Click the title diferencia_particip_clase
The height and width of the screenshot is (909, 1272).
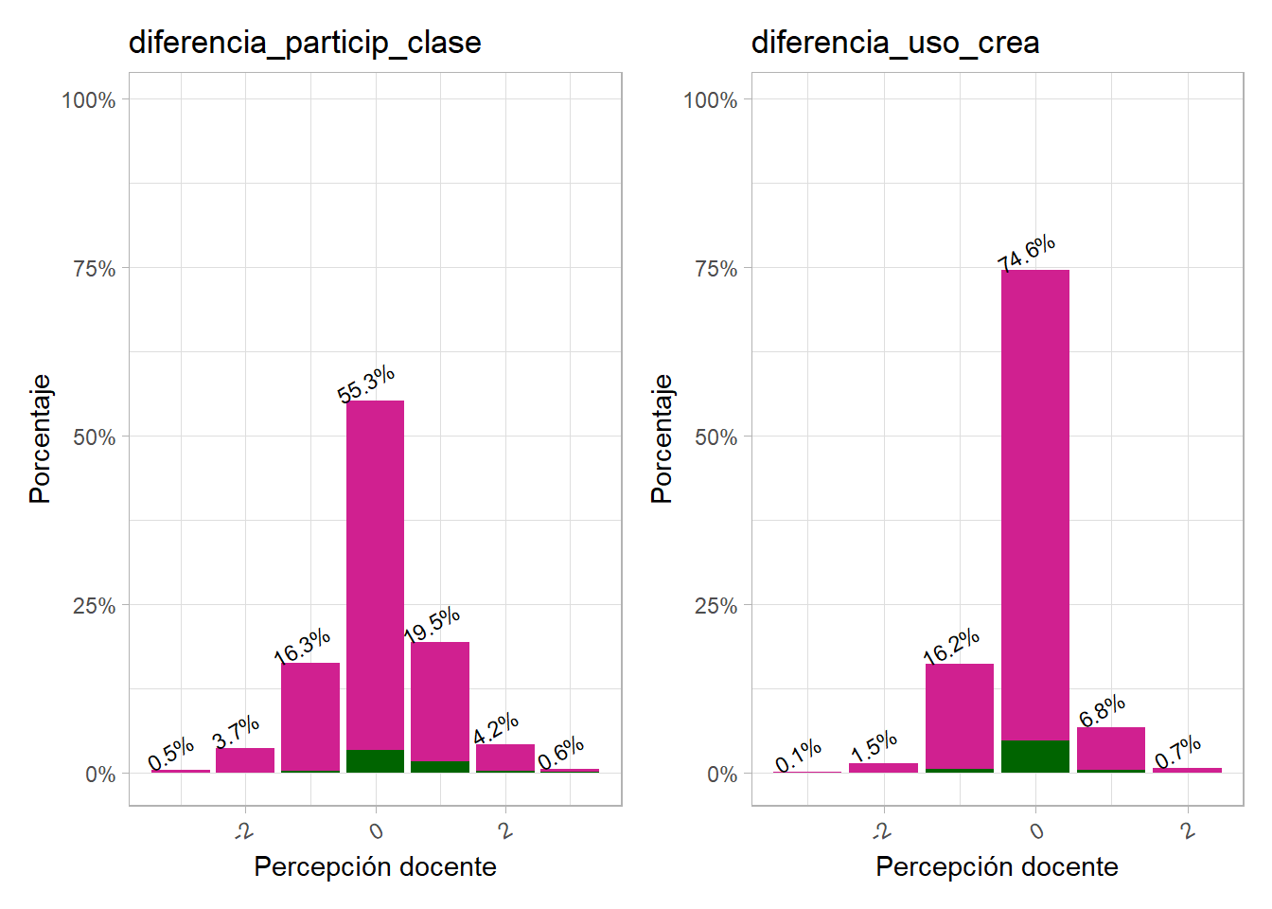click(305, 43)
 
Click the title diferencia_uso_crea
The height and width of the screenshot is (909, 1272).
click(894, 43)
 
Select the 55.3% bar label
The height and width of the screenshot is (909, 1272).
click(366, 383)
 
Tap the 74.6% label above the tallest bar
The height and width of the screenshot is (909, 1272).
click(1027, 253)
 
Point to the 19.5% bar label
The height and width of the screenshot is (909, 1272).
click(433, 625)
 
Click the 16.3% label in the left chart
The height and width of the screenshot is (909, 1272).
click(302, 646)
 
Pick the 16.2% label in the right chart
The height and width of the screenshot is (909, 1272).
click(951, 646)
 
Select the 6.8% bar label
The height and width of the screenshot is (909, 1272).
click(1103, 710)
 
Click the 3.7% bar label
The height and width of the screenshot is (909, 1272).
click(236, 732)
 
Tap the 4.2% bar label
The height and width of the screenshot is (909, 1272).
click(496, 728)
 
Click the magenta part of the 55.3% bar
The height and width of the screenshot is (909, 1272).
click(375, 568)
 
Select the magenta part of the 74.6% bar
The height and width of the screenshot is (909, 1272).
click(1034, 502)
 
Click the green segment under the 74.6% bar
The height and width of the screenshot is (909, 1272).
click(1034, 757)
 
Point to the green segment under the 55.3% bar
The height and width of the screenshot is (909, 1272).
click(375, 761)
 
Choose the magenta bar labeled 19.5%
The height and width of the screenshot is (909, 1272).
click(440, 701)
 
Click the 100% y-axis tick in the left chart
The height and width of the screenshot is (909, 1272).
click(88, 100)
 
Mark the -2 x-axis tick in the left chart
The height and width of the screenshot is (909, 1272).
click(244, 831)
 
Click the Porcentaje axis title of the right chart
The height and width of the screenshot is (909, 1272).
click(662, 437)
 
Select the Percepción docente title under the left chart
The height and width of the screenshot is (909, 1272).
click(375, 866)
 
